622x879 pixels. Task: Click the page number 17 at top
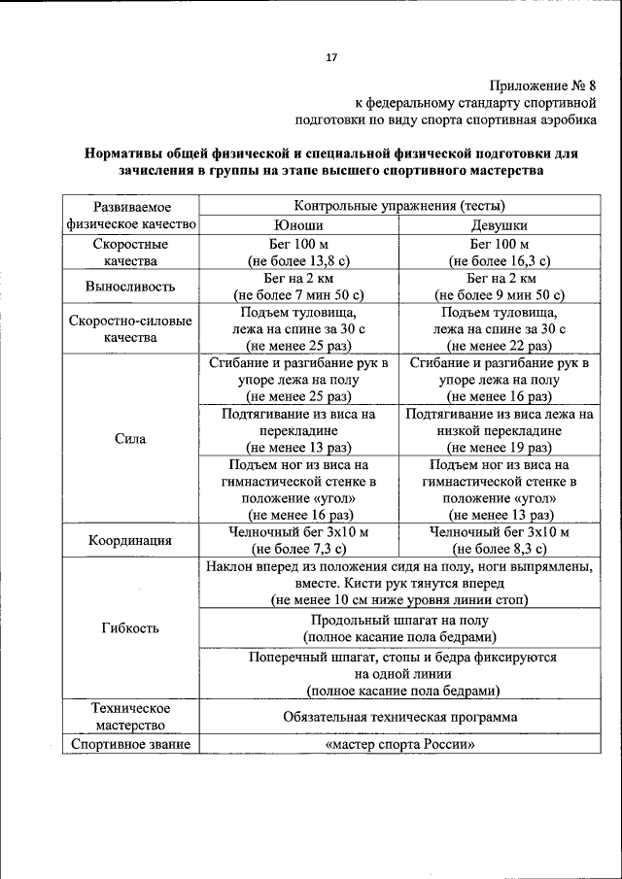point(330,57)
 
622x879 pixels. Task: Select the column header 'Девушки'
point(499,224)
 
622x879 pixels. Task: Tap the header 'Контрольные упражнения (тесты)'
point(399,206)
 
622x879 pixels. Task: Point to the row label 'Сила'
point(130,438)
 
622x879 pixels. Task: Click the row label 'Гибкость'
point(130,627)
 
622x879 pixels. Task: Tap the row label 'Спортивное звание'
point(130,745)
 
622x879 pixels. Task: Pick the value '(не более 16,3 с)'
point(499,260)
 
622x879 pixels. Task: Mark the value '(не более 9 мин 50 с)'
point(499,295)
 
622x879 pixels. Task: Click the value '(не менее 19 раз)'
point(499,448)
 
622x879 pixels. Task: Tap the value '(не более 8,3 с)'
point(499,550)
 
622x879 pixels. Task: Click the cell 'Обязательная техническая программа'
point(399,717)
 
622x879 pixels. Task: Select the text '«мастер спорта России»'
point(399,745)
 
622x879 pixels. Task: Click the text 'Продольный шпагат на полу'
point(399,620)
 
